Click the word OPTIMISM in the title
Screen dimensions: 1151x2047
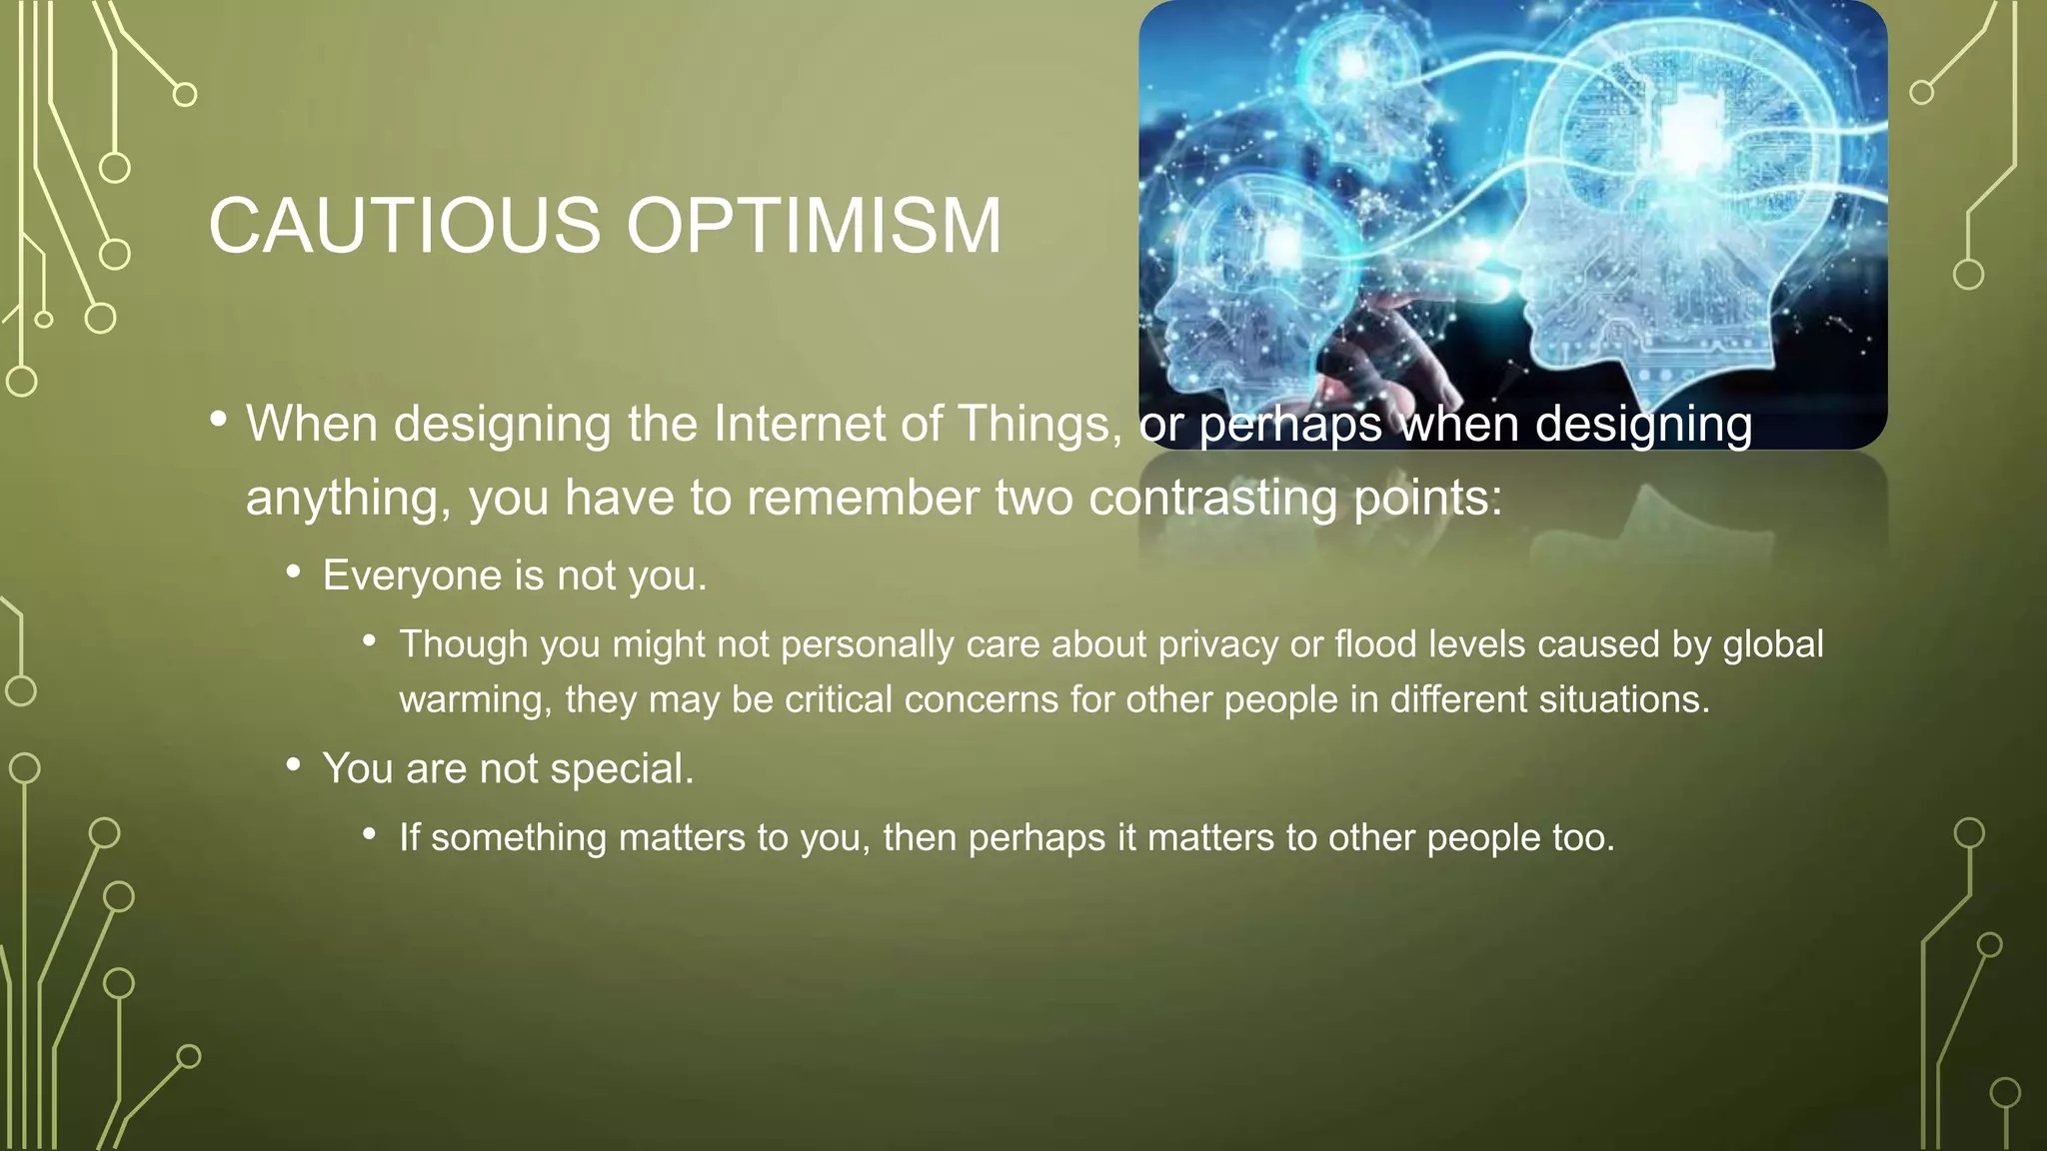pos(814,226)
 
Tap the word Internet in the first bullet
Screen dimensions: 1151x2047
pos(799,425)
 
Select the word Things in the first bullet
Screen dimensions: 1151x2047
pos(1039,425)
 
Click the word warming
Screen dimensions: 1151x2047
pos(475,699)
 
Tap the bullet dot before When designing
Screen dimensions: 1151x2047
pos(219,421)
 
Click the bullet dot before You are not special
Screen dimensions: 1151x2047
pos(293,765)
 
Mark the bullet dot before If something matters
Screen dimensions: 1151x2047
pos(370,833)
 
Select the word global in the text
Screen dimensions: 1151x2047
pos(1773,644)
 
